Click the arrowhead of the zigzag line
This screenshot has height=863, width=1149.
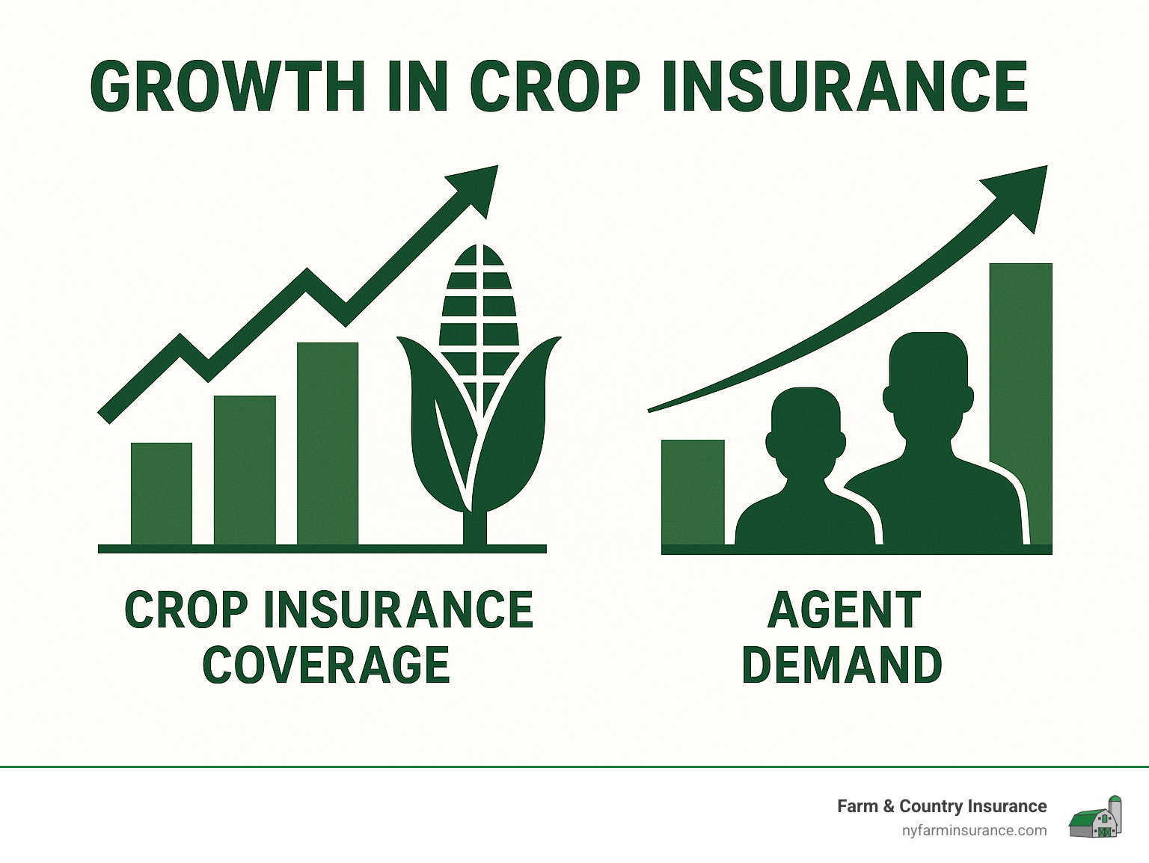click(479, 187)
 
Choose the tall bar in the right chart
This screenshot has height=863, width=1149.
click(1021, 359)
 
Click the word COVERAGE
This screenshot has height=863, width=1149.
click(327, 665)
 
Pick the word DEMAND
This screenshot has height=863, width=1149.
click(842, 665)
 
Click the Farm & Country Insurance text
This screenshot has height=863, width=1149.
click(941, 806)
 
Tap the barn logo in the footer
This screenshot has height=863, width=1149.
click(1096, 817)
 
